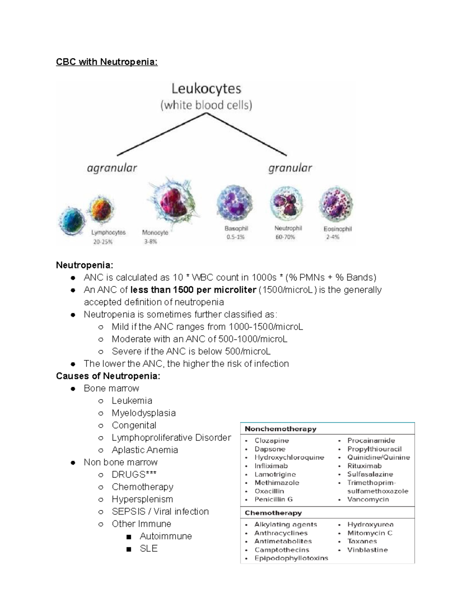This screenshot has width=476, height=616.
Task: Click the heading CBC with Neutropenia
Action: pos(107,62)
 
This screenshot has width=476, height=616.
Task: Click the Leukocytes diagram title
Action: pos(206,88)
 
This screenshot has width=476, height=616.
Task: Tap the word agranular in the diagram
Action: pos(112,168)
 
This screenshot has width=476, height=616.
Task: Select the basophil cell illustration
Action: pos(234,203)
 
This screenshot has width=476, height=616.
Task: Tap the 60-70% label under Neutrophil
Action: pos(285,237)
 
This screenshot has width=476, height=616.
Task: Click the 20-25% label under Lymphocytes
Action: pos(103,241)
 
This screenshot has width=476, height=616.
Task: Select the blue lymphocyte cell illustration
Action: pos(72,221)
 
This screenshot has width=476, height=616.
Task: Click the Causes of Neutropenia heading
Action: pos(108,376)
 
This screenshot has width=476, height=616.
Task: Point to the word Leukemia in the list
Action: pos(132,401)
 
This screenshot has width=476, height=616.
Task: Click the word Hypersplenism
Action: pos(142,499)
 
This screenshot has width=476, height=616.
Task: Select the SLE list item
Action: pos(149,548)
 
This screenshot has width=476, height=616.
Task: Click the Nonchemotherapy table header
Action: pos(280,429)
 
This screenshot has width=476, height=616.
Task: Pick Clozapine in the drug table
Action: pos(272,441)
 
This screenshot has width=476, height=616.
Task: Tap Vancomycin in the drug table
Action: pos(368,499)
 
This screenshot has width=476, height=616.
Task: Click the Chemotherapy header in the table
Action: pos(273,513)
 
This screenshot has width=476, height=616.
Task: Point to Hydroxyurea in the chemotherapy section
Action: pos(370,524)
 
